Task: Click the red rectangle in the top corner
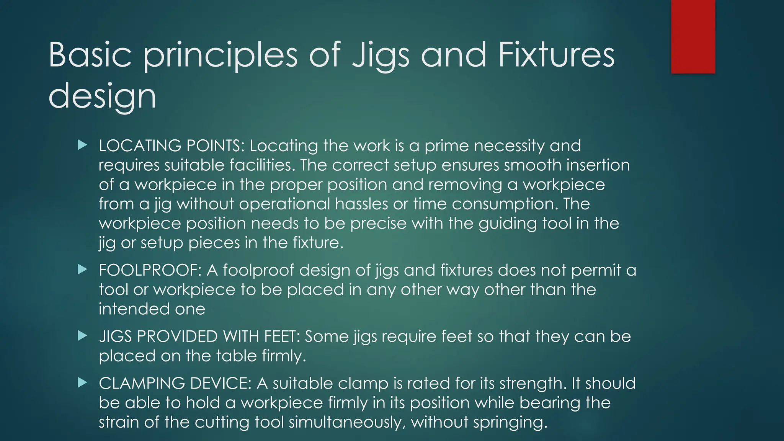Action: [x=693, y=37]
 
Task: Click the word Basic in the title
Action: [x=90, y=55]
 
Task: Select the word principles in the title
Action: [x=220, y=56]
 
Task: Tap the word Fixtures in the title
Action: [x=556, y=55]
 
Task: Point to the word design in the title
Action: [x=102, y=96]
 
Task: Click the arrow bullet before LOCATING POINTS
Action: [x=82, y=145]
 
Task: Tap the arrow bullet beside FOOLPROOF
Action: [x=82, y=269]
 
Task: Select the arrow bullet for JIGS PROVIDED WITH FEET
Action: [x=82, y=336]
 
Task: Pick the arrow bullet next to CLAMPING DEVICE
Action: [x=82, y=382]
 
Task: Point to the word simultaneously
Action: [x=347, y=422]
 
